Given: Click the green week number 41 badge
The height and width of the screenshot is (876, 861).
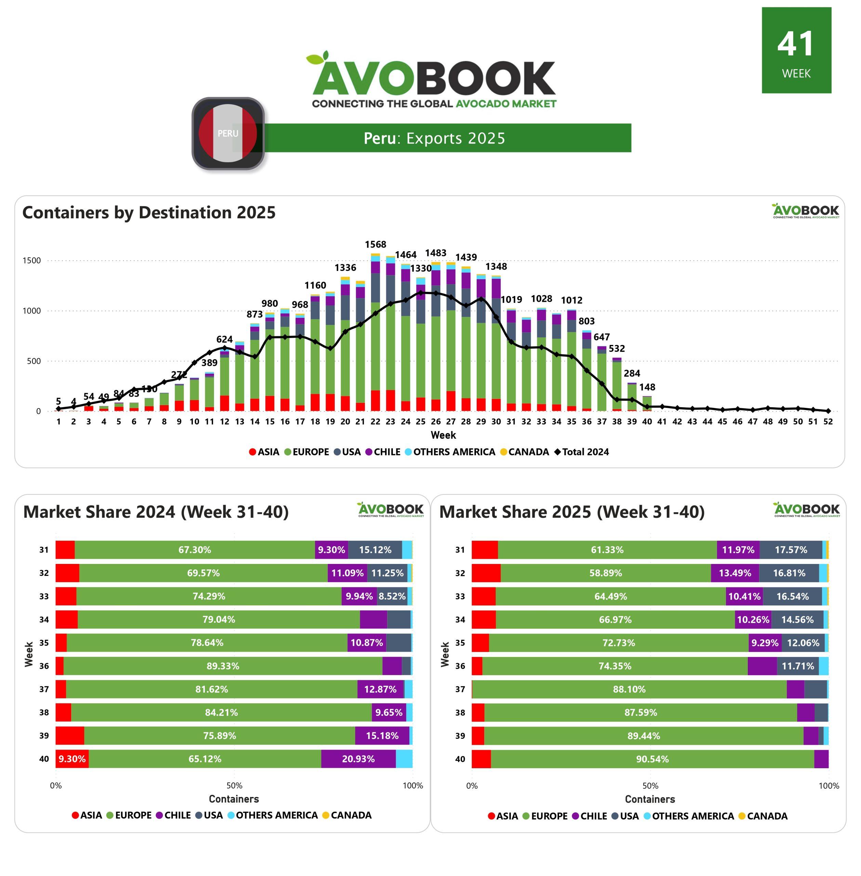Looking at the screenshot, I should coord(796,50).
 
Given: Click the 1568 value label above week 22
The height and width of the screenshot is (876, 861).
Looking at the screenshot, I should coord(375,244).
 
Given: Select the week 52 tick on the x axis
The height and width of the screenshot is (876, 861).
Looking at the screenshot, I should coord(827,421).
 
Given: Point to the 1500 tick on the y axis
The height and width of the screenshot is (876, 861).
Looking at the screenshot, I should coord(32,261).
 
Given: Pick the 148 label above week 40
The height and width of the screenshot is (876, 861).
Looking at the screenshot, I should coord(647,387).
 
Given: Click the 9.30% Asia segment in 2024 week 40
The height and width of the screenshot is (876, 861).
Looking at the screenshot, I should coord(72,759).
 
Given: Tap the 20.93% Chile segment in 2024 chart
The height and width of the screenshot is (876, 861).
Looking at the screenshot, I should coord(358,759).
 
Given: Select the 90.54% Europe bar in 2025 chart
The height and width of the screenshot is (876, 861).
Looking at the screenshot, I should coord(652,759).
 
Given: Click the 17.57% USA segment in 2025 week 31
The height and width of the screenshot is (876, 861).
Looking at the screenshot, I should coord(791,550).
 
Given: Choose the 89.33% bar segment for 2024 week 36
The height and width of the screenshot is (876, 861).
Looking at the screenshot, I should coord(223,666).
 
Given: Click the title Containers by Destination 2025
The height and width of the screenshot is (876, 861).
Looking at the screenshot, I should coord(149,212).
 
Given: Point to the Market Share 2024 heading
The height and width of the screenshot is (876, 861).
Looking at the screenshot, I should coord(156,512).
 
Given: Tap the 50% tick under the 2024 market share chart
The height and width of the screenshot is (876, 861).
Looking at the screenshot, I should coord(234,786).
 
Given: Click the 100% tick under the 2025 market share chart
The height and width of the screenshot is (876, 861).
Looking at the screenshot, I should coord(829,786).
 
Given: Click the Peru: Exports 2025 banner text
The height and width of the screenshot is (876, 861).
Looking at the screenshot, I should coord(434,138).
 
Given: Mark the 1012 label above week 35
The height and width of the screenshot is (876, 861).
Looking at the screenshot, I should coord(572,300).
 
